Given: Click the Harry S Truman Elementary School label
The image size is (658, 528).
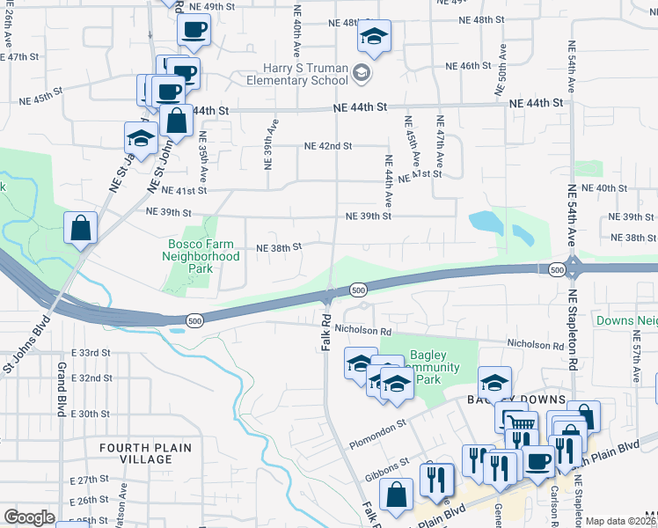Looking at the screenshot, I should (x=305, y=74).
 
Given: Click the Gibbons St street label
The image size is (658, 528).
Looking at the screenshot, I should (x=391, y=461).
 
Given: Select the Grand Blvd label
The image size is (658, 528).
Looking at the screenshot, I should (x=62, y=379).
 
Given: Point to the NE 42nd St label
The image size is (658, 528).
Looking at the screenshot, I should (x=328, y=146).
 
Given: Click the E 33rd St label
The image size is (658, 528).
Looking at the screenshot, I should (x=93, y=352).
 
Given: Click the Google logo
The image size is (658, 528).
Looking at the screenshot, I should (x=29, y=517).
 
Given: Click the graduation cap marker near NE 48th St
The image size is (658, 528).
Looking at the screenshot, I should (x=374, y=37).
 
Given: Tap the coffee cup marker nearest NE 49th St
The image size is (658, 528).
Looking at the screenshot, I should (x=194, y=29).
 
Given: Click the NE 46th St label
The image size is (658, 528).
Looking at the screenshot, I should (x=467, y=66).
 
